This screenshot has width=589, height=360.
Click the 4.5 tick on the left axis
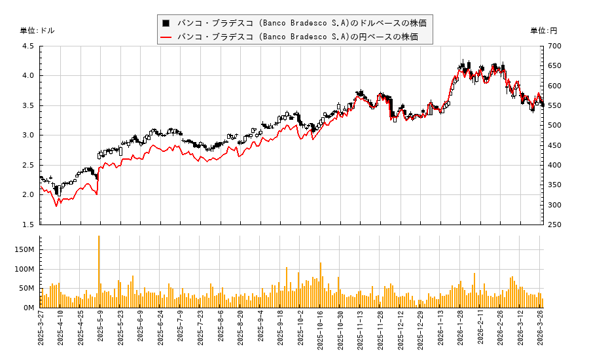coord(28,46)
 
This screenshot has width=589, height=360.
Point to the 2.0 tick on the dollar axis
coord(28,194)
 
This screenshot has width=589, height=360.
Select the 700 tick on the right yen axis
coord(554,46)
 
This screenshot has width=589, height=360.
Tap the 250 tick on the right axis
coord(554,225)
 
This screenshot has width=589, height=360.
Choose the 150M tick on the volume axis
coord(24,249)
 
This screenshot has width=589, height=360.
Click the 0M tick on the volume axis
coord(28,308)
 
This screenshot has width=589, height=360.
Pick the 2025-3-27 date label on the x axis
coord(41,332)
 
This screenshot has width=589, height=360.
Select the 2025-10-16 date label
coord(321,333)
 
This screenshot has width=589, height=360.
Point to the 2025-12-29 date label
coord(421,333)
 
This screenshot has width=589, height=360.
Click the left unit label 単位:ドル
coord(37,31)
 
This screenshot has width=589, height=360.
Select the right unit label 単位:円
coord(543,31)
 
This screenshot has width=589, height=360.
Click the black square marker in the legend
coord(166,23)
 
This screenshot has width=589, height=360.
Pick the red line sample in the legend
coord(166,37)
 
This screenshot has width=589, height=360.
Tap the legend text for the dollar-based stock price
coord(302,23)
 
